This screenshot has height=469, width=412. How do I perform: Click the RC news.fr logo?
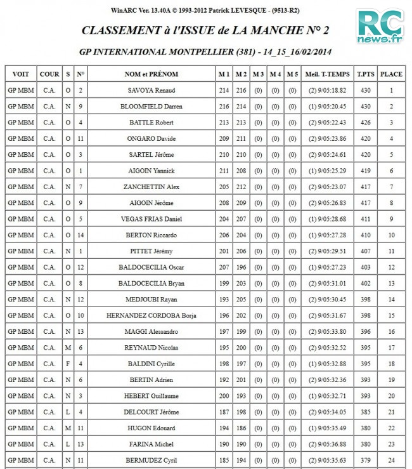[x=380, y=27]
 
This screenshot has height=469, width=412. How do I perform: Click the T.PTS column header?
[x=365, y=74]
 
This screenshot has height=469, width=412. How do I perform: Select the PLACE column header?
[x=391, y=74]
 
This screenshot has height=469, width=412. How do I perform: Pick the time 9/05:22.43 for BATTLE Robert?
[x=328, y=122]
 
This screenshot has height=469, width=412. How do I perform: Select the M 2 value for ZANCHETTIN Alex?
[x=241, y=187]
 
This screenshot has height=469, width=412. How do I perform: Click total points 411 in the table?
[x=365, y=219]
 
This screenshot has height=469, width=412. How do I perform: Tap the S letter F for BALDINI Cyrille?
[x=68, y=364]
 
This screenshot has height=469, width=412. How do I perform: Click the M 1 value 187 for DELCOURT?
[x=224, y=412]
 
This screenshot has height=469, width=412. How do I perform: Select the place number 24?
[x=391, y=460]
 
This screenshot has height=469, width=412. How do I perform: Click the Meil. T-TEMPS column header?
[x=328, y=74]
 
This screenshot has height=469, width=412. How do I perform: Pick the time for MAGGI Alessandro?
[x=328, y=331]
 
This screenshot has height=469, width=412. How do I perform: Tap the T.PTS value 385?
[x=365, y=412]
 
